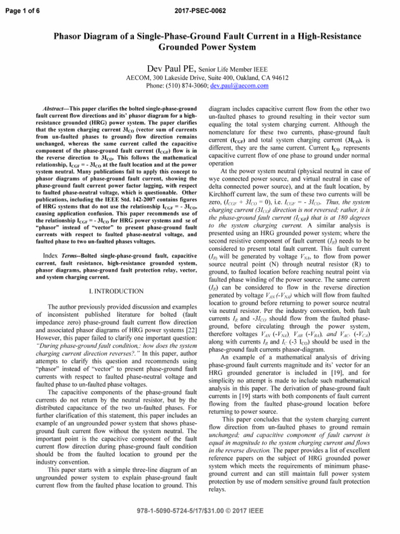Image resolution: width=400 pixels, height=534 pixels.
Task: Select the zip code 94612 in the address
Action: coord(277,78)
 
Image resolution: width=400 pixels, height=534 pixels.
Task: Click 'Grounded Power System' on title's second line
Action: coord(200,48)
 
